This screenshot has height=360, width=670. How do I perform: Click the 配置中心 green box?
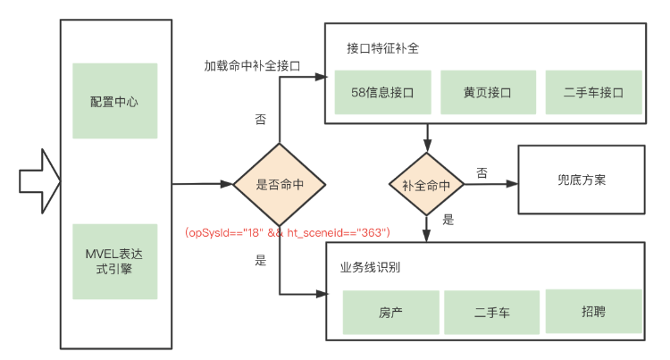[x=114, y=101]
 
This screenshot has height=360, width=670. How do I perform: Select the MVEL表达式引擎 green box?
[x=114, y=261]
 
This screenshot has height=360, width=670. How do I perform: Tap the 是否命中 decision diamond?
[x=280, y=185]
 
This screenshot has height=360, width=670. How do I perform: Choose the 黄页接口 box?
[x=487, y=92]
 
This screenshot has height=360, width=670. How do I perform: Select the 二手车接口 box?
[x=593, y=92]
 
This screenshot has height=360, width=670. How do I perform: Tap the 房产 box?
[x=390, y=313]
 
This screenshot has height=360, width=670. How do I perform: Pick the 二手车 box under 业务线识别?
[x=492, y=313]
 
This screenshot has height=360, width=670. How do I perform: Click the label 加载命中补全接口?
[x=251, y=66]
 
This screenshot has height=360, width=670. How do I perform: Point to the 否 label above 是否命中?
[x=260, y=119]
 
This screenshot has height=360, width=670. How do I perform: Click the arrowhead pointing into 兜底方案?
[x=512, y=185]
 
